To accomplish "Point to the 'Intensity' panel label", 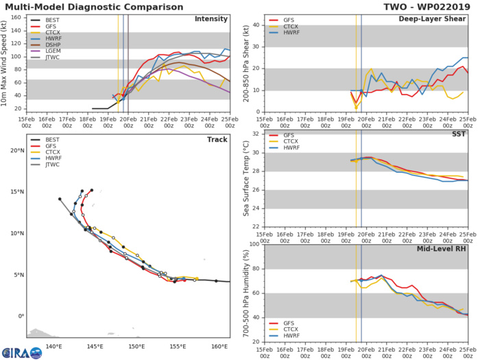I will (x=211, y=19).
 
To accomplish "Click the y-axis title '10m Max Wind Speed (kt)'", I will (x=8, y=63).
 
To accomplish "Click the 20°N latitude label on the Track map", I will (x=17, y=150).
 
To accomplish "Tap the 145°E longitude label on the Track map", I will (x=95, y=345).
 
